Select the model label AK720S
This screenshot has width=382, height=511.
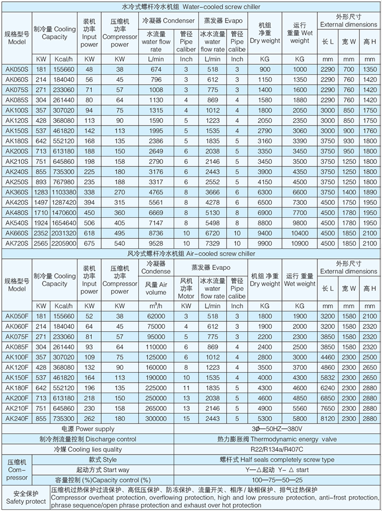[15, 243]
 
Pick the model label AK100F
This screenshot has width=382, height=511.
[15, 357]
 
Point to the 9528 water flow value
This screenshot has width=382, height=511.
[156, 243]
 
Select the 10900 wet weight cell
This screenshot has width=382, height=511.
[300, 243]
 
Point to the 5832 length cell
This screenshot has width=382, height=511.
[328, 377]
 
